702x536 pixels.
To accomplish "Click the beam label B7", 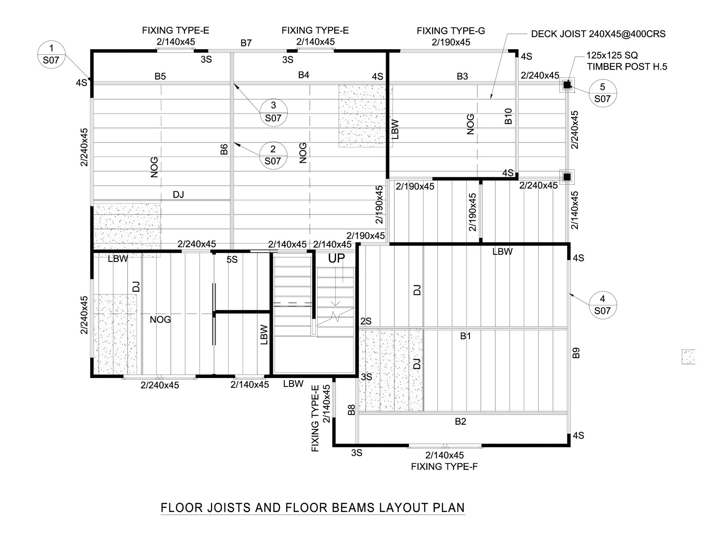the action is pyautogui.click(x=246, y=43).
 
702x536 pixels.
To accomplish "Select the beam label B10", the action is pyautogui.click(x=508, y=116).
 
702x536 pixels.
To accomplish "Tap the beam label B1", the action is pyautogui.click(x=466, y=336).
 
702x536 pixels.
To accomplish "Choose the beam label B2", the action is pyautogui.click(x=460, y=422).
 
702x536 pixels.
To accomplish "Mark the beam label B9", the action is pyautogui.click(x=576, y=353).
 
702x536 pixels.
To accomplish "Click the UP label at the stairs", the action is pyautogui.click(x=337, y=259).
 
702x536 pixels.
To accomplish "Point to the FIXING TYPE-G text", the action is pyautogui.click(x=451, y=31).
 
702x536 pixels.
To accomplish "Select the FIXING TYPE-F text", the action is pyautogui.click(x=444, y=467).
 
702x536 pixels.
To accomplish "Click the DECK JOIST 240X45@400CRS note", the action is pyautogui.click(x=598, y=34).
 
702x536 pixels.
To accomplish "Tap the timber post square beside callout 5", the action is pyautogui.click(x=567, y=85).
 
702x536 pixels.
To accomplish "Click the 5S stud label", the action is pyautogui.click(x=232, y=260).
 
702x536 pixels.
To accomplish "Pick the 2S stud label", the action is pyautogui.click(x=366, y=322).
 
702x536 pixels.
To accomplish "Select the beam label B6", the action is pyautogui.click(x=224, y=150).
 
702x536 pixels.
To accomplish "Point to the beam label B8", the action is pyautogui.click(x=351, y=410).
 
